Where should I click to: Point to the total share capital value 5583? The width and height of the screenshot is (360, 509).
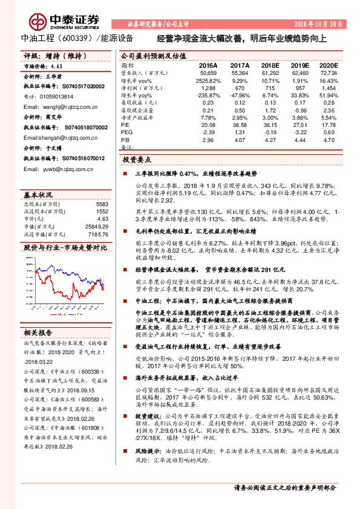click(x=102, y=204)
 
